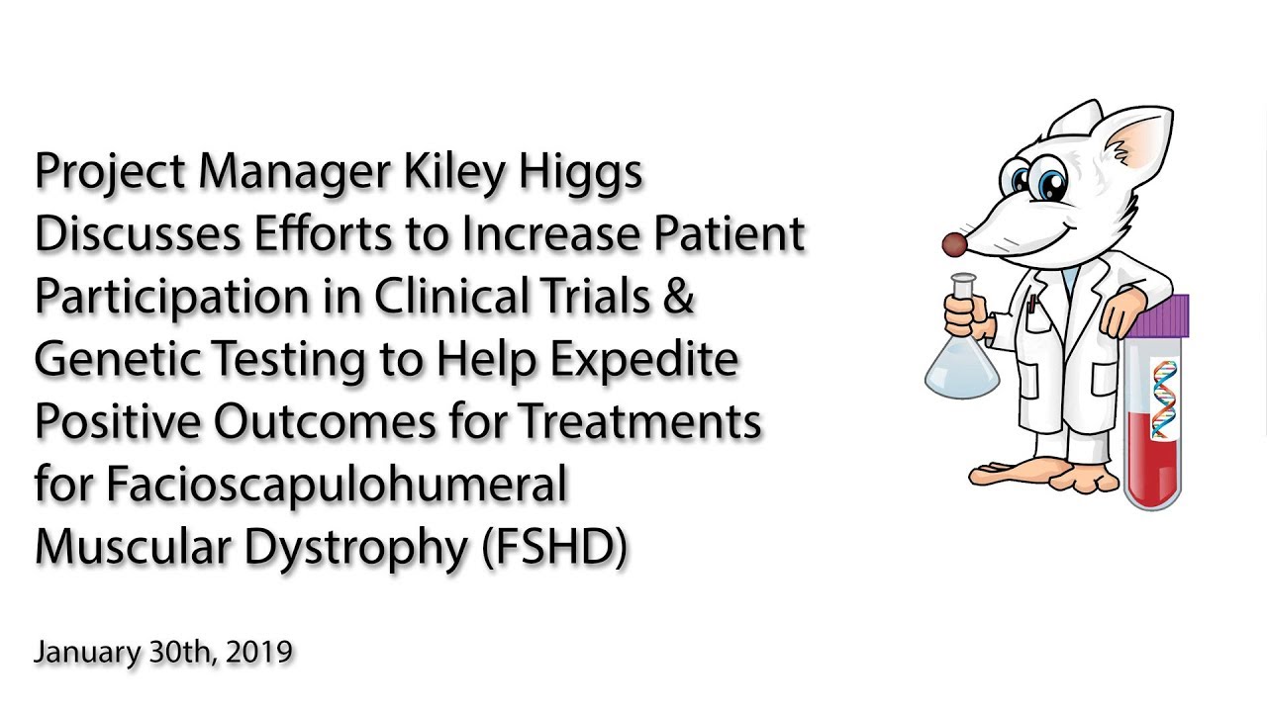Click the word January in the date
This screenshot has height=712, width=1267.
(83, 654)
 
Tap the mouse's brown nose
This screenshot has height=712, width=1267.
(953, 244)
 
